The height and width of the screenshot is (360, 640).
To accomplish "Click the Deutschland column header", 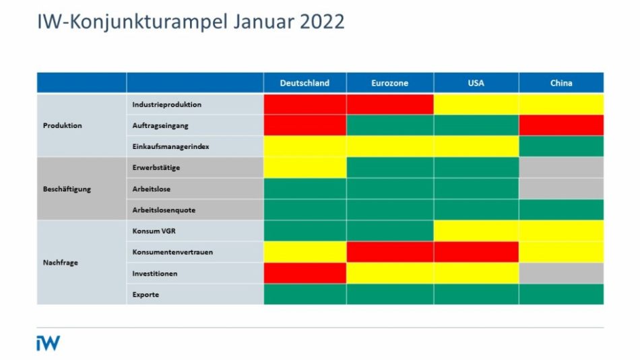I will [x=305, y=83].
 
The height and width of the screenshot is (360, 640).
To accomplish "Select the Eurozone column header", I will [x=389, y=83].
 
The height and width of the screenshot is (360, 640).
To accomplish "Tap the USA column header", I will [x=476, y=83].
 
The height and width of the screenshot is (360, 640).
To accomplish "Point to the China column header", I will [x=561, y=83].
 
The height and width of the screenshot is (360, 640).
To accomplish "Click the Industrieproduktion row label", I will [x=166, y=104].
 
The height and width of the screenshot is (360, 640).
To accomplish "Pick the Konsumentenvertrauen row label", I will [x=173, y=252].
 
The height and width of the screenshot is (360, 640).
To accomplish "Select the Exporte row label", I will [x=146, y=295].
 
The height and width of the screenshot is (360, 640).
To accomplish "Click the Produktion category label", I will [x=62, y=125].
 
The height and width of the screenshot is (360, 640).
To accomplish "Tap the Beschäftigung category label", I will [x=67, y=189].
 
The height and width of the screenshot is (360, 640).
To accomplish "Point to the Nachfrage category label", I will [x=60, y=263].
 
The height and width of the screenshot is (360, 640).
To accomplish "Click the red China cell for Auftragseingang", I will [x=561, y=125].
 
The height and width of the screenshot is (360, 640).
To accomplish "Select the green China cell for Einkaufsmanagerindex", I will [x=561, y=146].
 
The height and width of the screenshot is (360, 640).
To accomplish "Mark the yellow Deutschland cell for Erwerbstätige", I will [x=305, y=168].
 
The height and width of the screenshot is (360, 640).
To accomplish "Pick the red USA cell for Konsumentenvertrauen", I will [x=476, y=252].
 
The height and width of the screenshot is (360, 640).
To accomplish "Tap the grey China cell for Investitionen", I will [x=561, y=273].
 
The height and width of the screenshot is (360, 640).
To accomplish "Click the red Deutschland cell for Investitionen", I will [x=305, y=273].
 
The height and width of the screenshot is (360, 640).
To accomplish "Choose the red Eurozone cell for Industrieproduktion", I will [x=389, y=104].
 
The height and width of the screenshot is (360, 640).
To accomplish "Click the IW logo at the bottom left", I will [x=48, y=343].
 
